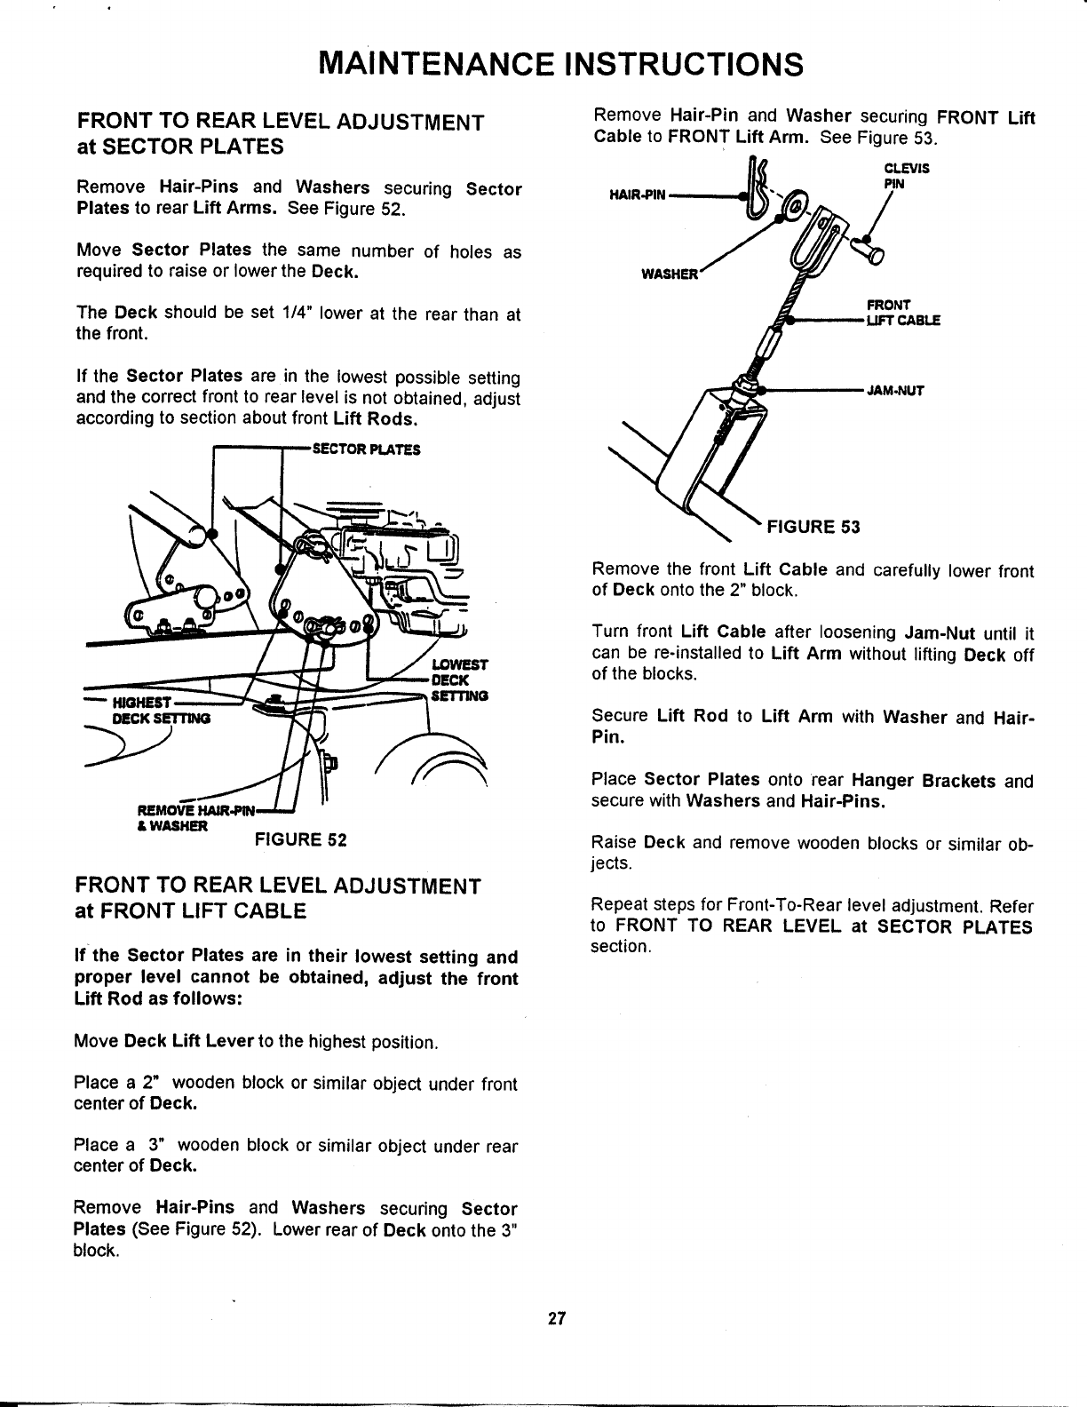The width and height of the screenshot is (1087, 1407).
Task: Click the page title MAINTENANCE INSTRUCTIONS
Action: pos(560,65)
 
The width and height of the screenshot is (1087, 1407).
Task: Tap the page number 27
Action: pos(557,1317)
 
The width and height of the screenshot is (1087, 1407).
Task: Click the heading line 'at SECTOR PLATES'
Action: pos(180,145)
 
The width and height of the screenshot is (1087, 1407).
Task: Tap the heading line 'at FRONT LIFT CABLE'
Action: pos(191,910)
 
